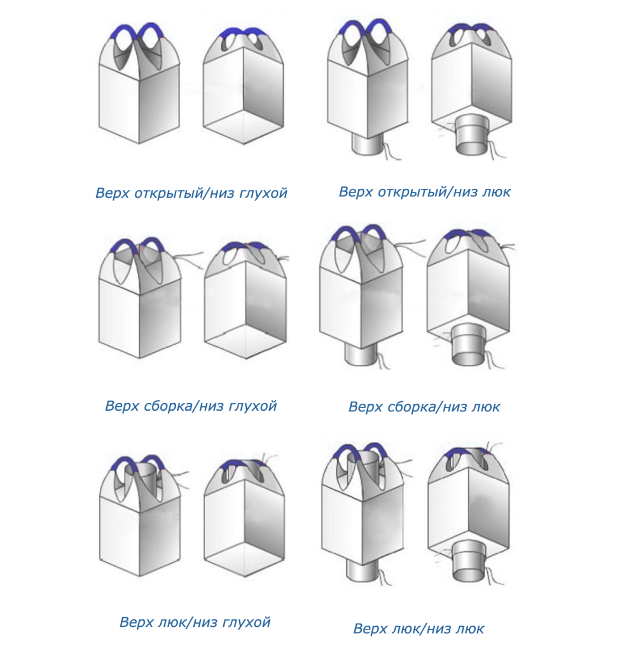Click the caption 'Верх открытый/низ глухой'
[x=191, y=193]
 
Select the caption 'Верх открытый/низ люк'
[x=424, y=191]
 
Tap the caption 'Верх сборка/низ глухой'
[x=191, y=406]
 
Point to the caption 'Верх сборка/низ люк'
[x=424, y=407]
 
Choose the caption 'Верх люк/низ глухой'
[x=195, y=622]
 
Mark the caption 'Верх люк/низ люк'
[x=418, y=629]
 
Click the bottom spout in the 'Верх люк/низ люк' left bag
[x=361, y=566]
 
